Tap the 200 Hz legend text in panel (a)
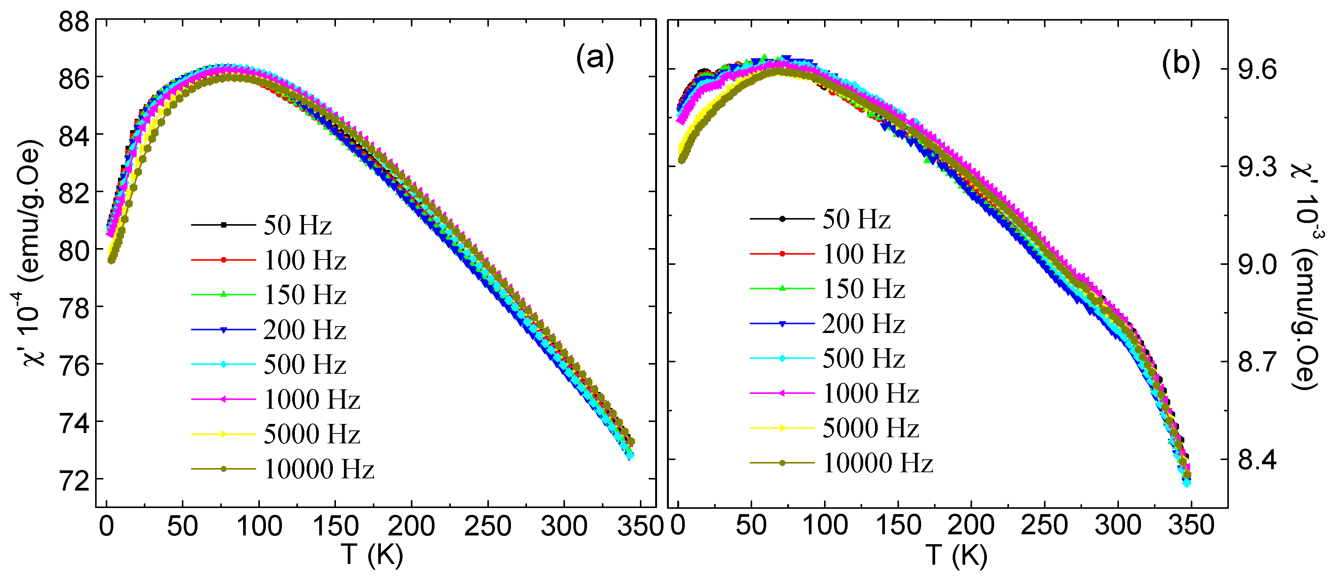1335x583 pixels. pyautogui.click(x=304, y=330)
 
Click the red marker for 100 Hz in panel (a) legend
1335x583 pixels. pyautogui.click(x=224, y=260)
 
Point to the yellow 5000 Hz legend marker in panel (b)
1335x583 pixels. pyautogui.click(x=783, y=428)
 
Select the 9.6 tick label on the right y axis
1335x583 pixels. pyautogui.click(x=1257, y=69)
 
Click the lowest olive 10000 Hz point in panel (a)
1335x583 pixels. pyautogui.click(x=111, y=260)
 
